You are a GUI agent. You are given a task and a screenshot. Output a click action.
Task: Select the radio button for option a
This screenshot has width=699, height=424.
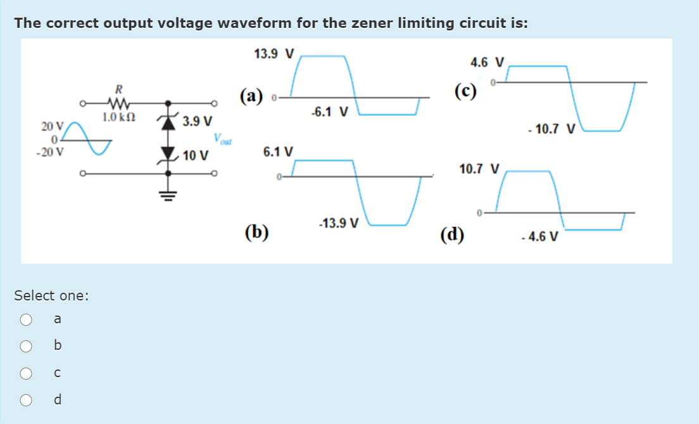pyautogui.click(x=26, y=319)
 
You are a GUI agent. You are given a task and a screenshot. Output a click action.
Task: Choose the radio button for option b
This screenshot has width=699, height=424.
pyautogui.click(x=26, y=346)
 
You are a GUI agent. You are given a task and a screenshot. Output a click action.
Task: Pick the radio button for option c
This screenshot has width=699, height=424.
pyautogui.click(x=26, y=373)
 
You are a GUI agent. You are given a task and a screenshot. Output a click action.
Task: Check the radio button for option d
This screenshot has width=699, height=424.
pyautogui.click(x=26, y=400)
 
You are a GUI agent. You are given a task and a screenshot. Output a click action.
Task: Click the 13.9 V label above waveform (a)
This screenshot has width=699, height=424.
pyautogui.click(x=274, y=54)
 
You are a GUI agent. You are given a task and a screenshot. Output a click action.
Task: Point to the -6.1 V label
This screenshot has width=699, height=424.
pyautogui.click(x=329, y=113)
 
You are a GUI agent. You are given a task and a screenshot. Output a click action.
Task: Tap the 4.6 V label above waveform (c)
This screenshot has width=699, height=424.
pyautogui.click(x=488, y=62)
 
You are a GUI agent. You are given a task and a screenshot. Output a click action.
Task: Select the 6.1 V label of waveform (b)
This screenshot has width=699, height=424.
pyautogui.click(x=278, y=152)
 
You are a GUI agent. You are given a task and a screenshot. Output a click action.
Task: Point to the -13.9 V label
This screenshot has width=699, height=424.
pyautogui.click(x=339, y=223)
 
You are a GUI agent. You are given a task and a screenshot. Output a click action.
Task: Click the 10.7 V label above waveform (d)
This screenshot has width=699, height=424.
pyautogui.click(x=480, y=169)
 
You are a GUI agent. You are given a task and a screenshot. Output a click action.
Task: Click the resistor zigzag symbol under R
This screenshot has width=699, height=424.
pyautogui.click(x=118, y=102)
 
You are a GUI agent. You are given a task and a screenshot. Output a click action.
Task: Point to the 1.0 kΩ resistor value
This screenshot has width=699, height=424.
pyautogui.click(x=118, y=117)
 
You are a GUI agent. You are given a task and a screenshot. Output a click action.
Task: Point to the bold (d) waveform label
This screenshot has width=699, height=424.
pyautogui.click(x=453, y=234)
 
